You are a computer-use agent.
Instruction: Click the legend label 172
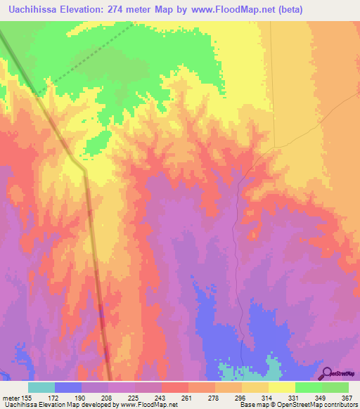pyautogui.click(x=55, y=398)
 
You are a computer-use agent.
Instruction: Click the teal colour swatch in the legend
pyautogui.click(x=41, y=387)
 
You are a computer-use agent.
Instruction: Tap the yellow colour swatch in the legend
pyautogui.click(x=282, y=387)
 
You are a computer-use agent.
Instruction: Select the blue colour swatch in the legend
pyautogui.click(x=68, y=387)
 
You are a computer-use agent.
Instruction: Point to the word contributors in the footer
pyautogui.click(x=337, y=405)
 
